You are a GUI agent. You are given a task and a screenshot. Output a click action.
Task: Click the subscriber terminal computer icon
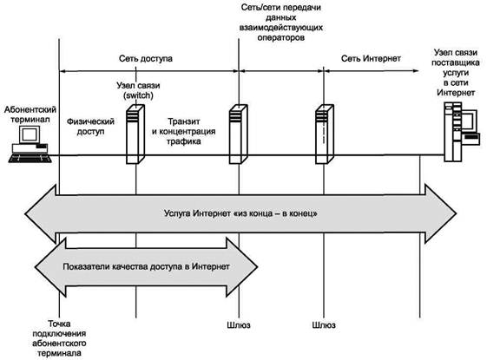30,144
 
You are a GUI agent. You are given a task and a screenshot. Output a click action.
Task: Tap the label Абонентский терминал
30,115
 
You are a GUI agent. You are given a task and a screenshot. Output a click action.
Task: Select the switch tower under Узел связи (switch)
135,134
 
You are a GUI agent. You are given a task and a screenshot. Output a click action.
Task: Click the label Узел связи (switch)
138,90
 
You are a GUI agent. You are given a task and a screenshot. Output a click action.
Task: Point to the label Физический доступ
90,126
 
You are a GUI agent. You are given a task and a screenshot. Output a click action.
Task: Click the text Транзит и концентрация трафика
184,131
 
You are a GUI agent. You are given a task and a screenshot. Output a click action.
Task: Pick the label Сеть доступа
146,58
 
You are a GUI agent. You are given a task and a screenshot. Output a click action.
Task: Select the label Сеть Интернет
371,58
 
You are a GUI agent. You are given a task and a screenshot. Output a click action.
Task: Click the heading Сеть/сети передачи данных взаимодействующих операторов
281,23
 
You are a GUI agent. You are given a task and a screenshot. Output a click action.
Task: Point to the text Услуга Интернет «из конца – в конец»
240,213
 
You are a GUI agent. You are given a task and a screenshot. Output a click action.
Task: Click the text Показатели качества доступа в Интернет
146,266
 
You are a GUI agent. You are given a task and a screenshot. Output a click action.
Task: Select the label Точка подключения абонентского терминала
59,338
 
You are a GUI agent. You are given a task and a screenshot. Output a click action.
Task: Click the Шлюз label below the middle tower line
239,325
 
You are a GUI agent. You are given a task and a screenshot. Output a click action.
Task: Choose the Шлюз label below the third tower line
324,325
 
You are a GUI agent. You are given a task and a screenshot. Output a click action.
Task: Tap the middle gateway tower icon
238,134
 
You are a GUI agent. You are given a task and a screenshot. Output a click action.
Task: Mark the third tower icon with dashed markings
325,134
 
